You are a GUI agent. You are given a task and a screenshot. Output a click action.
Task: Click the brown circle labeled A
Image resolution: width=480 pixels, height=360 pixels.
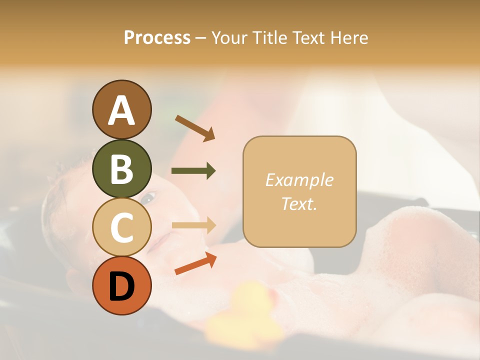point(122,109)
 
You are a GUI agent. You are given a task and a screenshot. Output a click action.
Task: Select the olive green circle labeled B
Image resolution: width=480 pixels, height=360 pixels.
point(122,168)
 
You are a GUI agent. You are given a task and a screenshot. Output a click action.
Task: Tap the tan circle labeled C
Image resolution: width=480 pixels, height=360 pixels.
point(122,227)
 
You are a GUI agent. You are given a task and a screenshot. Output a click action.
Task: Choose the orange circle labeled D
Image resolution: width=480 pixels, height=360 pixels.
point(122,286)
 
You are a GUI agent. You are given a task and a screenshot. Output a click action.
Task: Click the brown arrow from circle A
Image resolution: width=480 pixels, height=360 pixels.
point(195,128)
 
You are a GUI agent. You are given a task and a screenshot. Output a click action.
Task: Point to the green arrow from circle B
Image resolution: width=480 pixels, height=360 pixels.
point(193,171)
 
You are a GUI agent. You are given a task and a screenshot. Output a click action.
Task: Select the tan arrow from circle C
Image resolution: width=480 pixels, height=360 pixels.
point(193,225)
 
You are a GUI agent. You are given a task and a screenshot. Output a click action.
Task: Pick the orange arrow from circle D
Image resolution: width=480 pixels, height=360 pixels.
point(195,263)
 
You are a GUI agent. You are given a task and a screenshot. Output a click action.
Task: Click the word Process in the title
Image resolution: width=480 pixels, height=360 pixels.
point(157,38)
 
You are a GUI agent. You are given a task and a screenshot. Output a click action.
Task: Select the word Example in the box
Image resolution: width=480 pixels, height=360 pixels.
point(299,180)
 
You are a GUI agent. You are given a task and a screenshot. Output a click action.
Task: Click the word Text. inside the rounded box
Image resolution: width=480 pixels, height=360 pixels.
point(299,203)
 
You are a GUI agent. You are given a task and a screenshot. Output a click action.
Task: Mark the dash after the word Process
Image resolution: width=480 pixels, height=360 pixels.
point(200,38)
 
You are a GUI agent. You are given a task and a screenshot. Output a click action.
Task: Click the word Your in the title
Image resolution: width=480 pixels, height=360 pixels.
point(230,38)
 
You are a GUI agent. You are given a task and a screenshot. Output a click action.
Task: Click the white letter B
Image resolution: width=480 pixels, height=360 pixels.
point(122,169)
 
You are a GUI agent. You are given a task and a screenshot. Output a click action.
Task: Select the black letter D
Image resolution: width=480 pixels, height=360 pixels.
point(122,286)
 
